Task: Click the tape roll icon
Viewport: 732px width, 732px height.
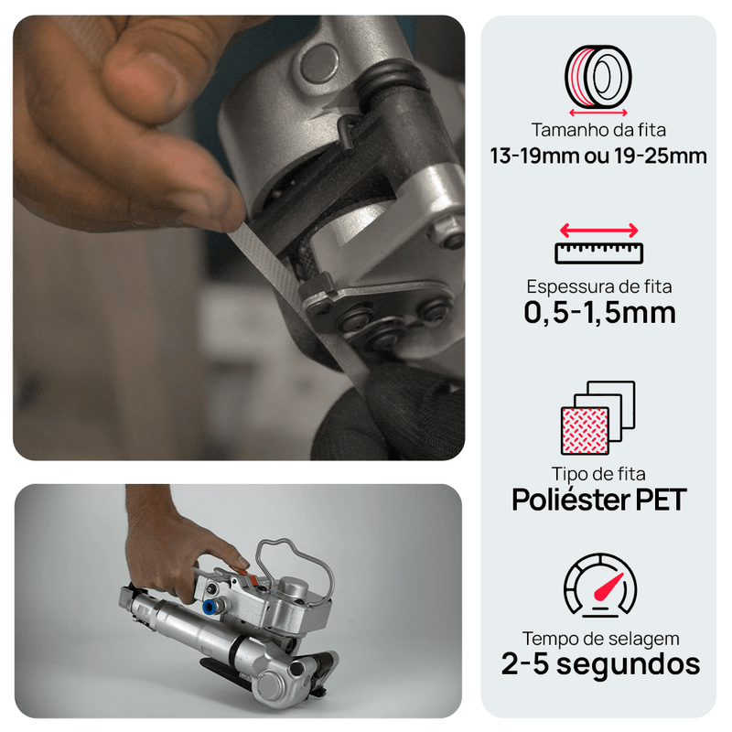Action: [598, 77]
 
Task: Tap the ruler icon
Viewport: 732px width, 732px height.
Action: [599, 253]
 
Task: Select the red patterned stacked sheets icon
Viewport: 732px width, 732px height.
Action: [597, 418]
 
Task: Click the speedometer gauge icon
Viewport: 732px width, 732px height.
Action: [600, 586]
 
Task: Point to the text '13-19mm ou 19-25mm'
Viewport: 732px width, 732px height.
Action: [598, 156]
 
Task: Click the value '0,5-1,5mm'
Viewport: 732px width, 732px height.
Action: [599, 313]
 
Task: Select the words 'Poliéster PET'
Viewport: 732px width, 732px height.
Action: [599, 500]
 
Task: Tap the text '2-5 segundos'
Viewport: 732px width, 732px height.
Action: [600, 664]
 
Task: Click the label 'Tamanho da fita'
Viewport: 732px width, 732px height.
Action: [598, 130]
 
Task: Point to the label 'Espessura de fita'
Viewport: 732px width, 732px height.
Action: [599, 286]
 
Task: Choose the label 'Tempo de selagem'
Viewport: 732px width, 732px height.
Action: [600, 638]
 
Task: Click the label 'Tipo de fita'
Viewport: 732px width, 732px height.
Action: [598, 474]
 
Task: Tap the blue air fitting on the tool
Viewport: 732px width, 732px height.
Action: [210, 607]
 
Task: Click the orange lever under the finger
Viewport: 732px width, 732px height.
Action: [242, 574]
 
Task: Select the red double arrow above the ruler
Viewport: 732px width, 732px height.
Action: [599, 231]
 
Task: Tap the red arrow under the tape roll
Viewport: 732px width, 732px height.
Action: [598, 113]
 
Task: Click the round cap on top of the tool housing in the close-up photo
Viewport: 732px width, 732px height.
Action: [319, 63]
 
